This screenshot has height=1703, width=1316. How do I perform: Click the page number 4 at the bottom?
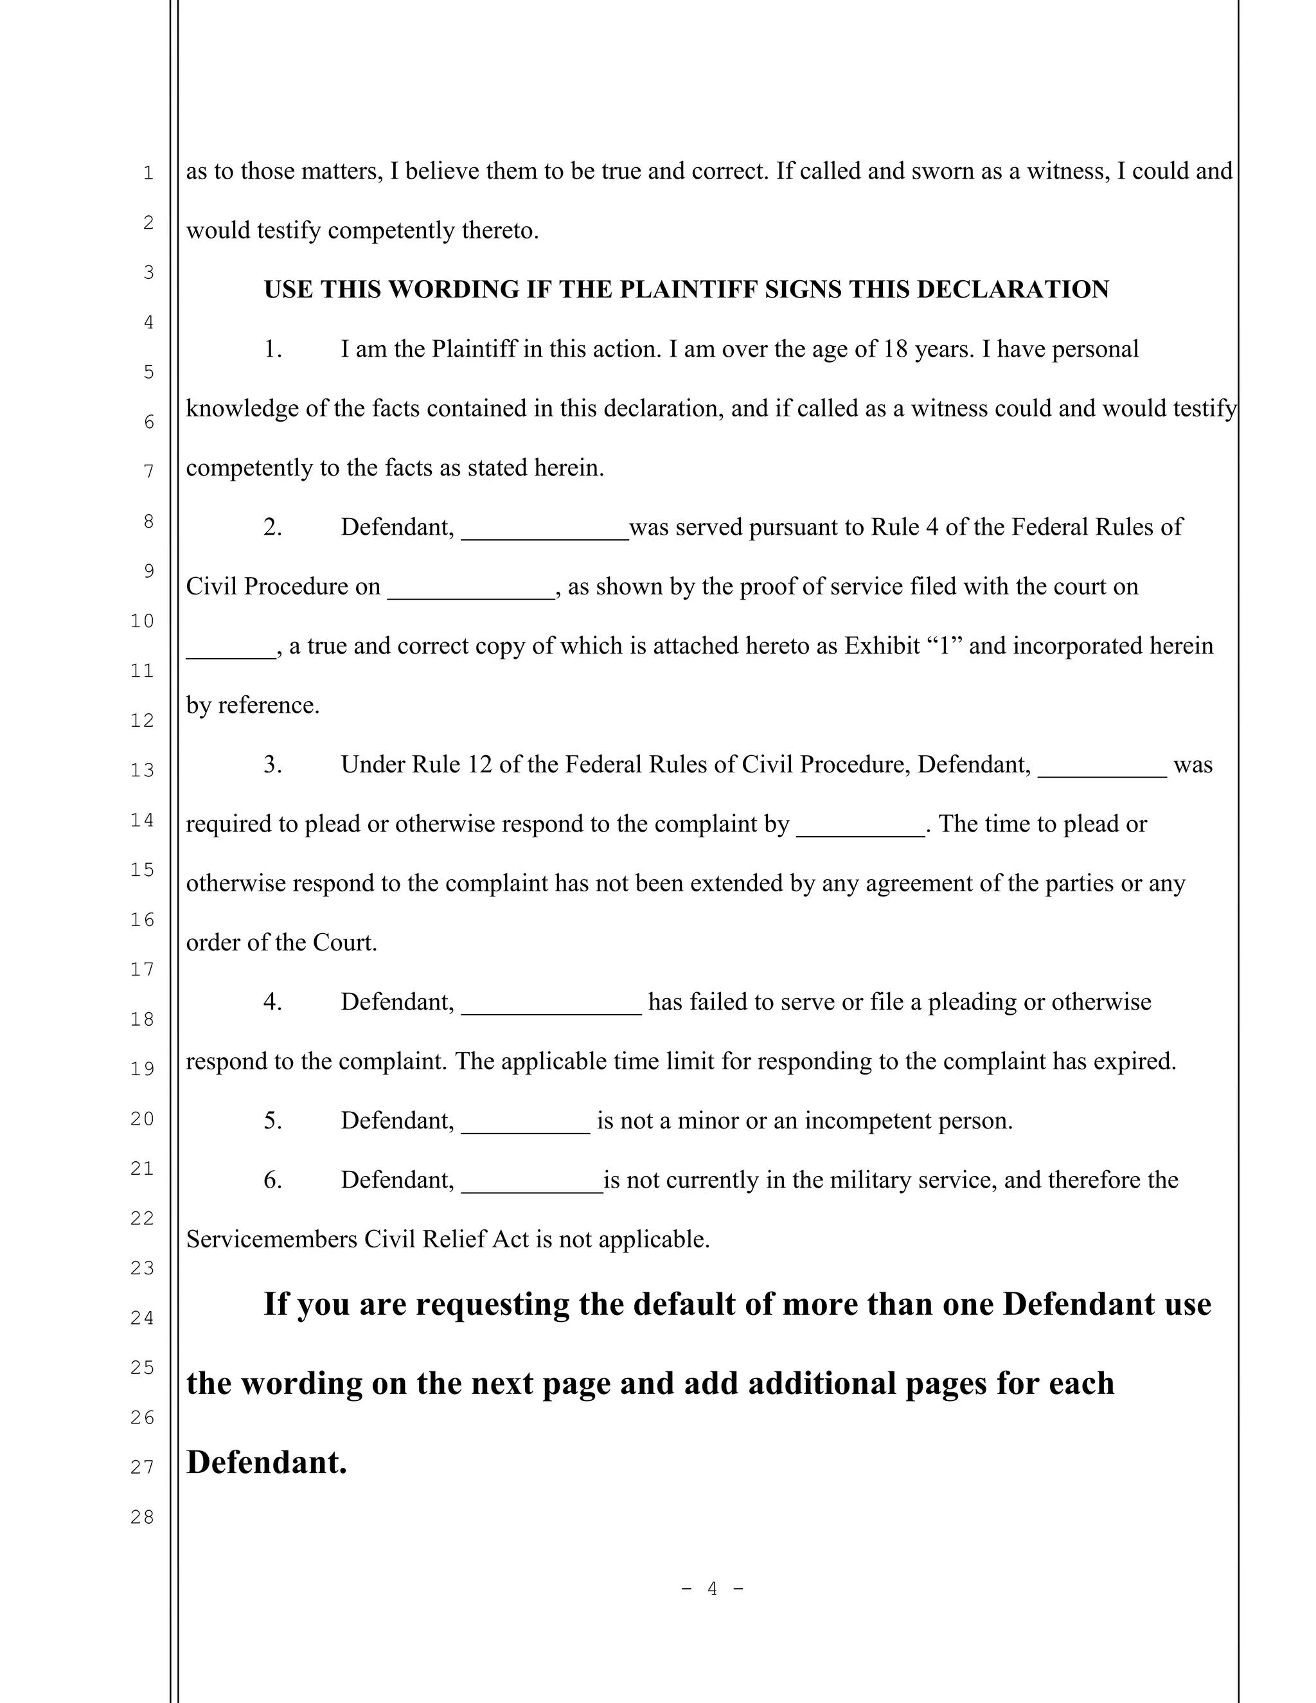click(712, 1589)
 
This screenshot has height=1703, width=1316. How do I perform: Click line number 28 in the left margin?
click(142, 1517)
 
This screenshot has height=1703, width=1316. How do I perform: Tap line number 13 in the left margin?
click(142, 771)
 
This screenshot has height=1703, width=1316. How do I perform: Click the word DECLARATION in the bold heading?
click(1013, 289)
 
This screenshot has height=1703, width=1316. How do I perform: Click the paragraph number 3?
click(272, 764)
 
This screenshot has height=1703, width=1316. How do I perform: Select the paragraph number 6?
click(272, 1180)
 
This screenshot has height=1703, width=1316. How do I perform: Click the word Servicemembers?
click(271, 1239)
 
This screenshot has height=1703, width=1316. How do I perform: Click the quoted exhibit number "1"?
click(944, 646)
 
